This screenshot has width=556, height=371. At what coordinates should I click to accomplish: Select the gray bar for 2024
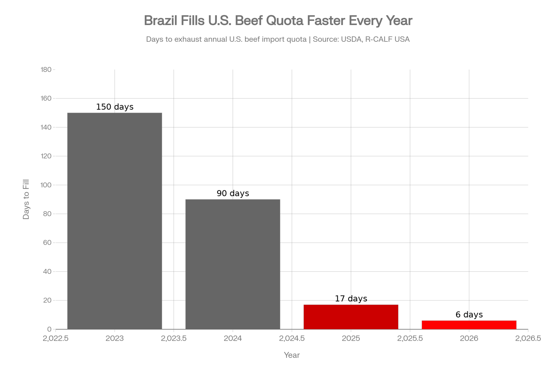pyautogui.click(x=233, y=264)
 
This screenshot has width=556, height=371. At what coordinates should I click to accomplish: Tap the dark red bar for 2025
pyautogui.click(x=351, y=317)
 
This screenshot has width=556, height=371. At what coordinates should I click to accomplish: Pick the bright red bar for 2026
pyautogui.click(x=469, y=325)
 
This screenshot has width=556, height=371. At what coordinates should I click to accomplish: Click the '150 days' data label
pyautogui.click(x=115, y=107)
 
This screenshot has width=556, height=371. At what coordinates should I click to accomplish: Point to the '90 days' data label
pyautogui.click(x=233, y=193)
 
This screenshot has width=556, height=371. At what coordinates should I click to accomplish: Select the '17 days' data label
pyautogui.click(x=351, y=299)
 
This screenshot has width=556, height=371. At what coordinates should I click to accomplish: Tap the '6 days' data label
pyautogui.click(x=469, y=315)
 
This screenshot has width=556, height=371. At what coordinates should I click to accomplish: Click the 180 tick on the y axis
pyautogui.click(x=46, y=70)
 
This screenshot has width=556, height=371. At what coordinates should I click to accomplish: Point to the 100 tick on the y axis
pyautogui.click(x=46, y=185)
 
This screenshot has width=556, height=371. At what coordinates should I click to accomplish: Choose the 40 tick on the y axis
pyautogui.click(x=47, y=272)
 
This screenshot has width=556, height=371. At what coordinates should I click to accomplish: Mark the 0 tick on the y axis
pyautogui.click(x=49, y=329)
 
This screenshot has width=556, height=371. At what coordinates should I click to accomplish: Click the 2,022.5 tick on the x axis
pyautogui.click(x=56, y=338)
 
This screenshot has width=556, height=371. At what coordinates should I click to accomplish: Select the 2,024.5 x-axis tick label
pyautogui.click(x=292, y=338)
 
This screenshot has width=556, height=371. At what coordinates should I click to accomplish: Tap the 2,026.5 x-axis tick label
pyautogui.click(x=528, y=338)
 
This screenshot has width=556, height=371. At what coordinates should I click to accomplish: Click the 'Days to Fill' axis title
pyautogui.click(x=26, y=199)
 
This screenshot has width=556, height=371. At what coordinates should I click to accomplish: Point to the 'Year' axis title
pyautogui.click(x=292, y=355)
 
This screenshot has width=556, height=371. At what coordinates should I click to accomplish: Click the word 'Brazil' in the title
pyautogui.click(x=160, y=21)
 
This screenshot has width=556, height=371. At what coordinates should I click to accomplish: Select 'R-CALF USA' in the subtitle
pyautogui.click(x=387, y=39)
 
